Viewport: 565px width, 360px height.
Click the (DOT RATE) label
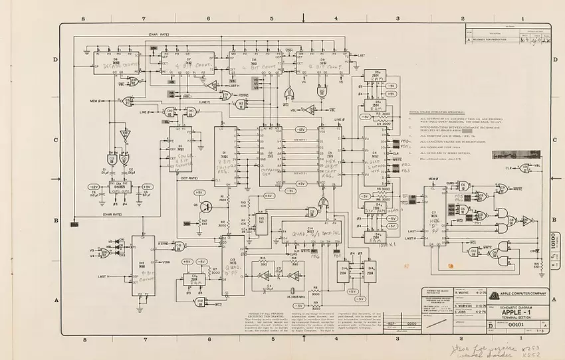[188, 178]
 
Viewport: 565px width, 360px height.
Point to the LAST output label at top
[362, 55]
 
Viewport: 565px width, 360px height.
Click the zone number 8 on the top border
[84, 19]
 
